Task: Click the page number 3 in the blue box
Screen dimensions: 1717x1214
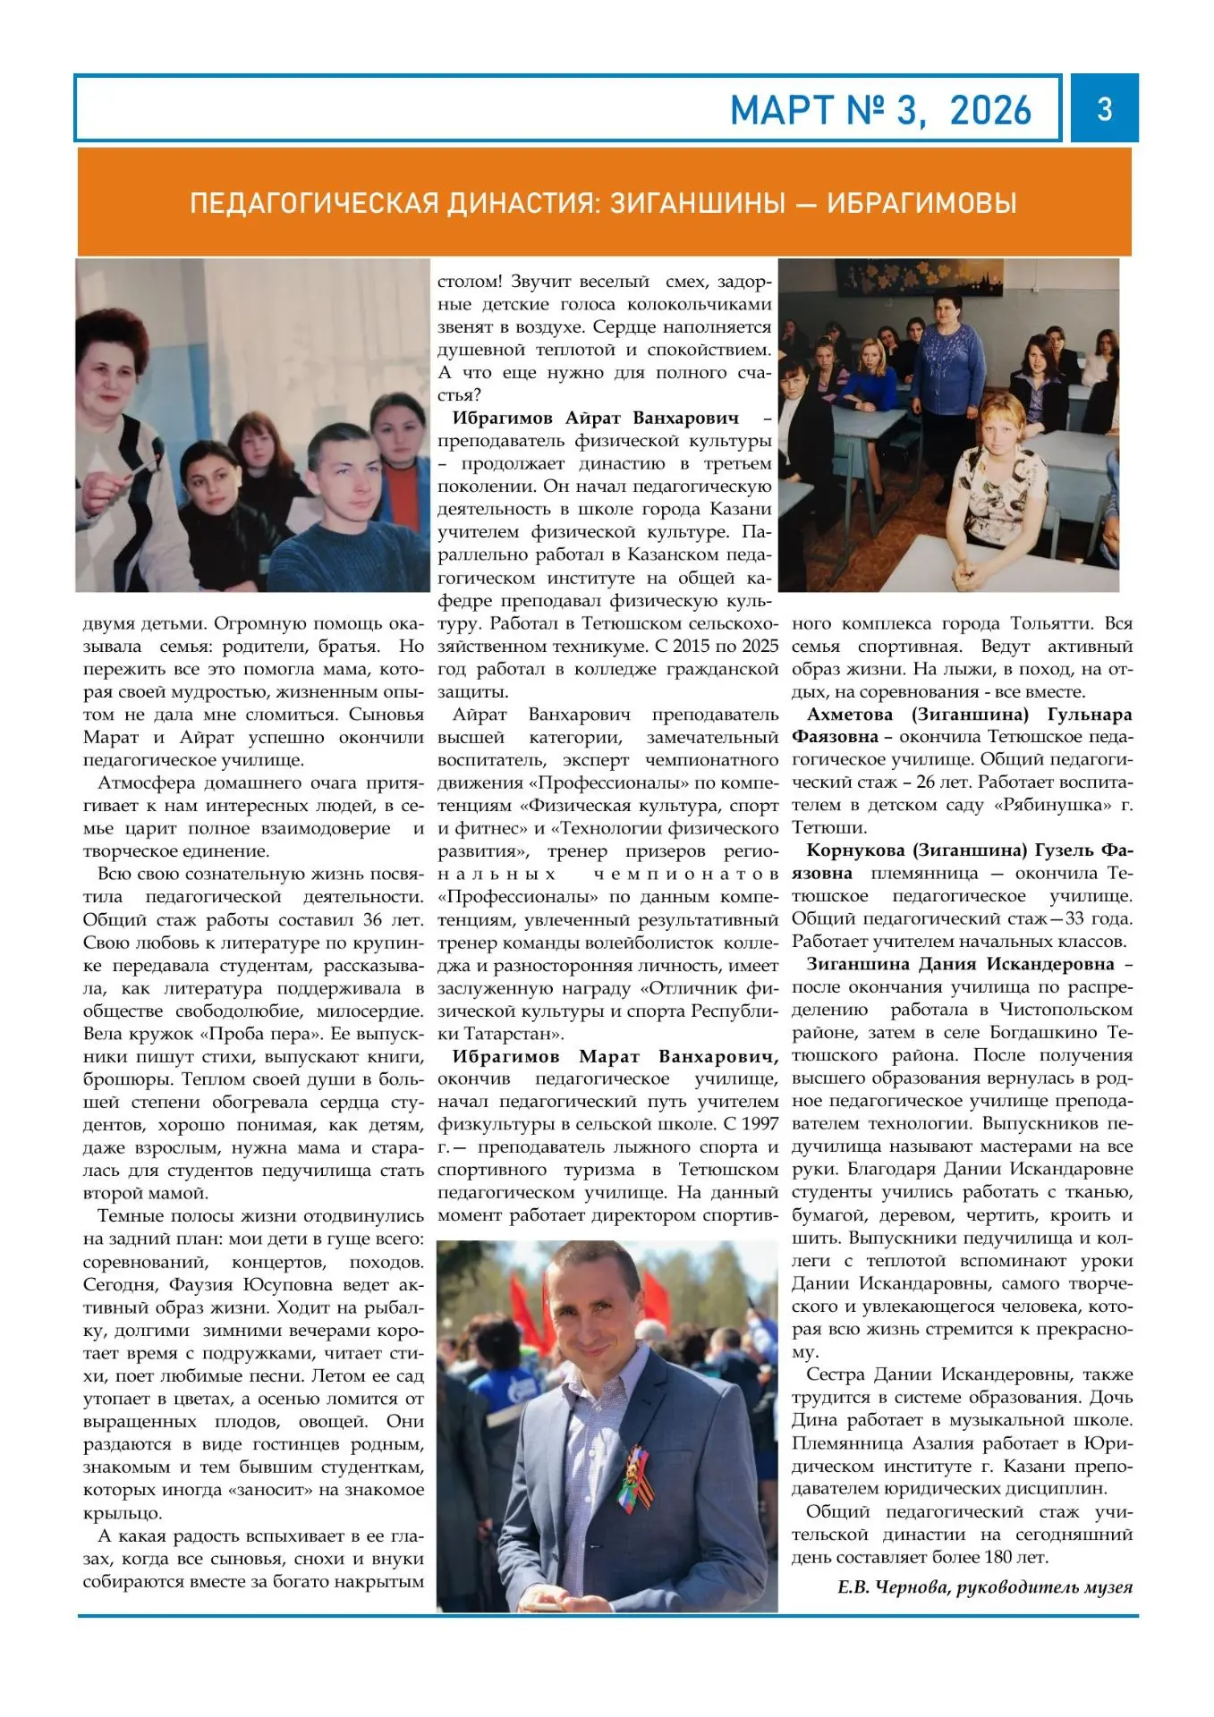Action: pyautogui.click(x=1104, y=109)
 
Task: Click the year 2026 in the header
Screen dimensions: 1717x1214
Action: pyautogui.click(x=990, y=111)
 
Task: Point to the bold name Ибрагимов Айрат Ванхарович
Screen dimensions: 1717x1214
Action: pyautogui.click(x=596, y=418)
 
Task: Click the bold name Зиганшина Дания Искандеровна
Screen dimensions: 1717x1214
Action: pyautogui.click(x=960, y=964)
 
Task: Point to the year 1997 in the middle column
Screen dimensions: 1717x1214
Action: pyautogui.click(x=759, y=1124)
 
